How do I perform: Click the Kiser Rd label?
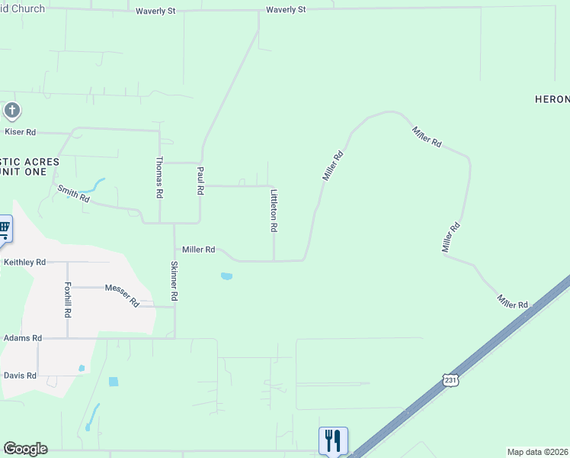(21, 132)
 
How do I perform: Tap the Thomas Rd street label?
(159, 178)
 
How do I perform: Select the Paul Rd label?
(200, 181)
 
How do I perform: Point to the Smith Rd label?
(74, 194)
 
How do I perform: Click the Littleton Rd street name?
(274, 211)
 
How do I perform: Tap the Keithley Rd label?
(24, 262)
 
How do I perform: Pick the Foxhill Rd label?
(68, 300)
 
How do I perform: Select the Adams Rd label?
(23, 337)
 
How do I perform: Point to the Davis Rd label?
(20, 376)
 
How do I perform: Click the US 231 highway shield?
(450, 381)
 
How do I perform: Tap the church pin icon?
(11, 111)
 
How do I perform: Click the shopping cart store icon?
(5, 227)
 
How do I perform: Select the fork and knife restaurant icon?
(333, 440)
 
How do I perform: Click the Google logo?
(25, 449)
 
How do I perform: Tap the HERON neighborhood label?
(552, 100)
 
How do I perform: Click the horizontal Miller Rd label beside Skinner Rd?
(198, 250)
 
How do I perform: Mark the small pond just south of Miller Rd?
(226, 276)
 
